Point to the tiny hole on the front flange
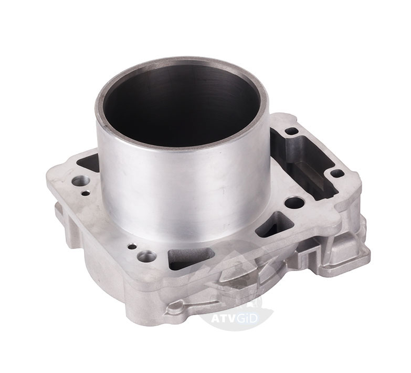132,247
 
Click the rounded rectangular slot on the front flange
191,258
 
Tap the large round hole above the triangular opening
294,202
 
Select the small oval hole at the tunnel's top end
291,131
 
